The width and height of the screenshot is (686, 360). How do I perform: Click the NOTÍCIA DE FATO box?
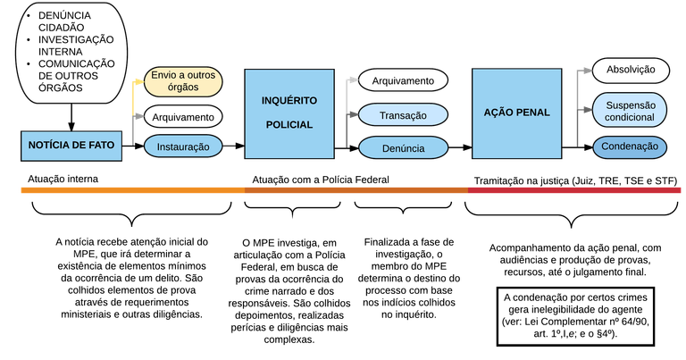pos(71,146)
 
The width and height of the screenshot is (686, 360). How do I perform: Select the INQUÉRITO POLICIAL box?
pos(289,113)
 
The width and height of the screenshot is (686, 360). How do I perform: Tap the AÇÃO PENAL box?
pos(516,113)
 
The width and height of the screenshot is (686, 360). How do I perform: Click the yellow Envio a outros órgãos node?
pos(183,81)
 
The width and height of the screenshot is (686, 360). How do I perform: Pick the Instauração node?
pos(183,147)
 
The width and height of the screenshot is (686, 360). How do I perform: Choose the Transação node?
pos(403,115)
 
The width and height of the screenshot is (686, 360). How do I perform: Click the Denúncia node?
pos(404,148)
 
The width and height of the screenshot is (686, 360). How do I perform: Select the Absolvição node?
pos(631,70)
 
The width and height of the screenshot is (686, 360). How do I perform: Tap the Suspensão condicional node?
pos(630,111)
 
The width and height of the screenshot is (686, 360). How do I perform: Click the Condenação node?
pos(630,147)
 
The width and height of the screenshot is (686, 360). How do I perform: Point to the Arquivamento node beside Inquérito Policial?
pos(403,80)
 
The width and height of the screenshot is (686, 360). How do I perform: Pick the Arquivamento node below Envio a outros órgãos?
pos(183,117)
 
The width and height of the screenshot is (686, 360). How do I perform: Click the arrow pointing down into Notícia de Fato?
pos(71,117)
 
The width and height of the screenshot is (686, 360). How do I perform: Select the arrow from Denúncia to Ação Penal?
pos(460,148)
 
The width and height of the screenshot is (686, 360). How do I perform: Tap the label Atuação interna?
pos(63,179)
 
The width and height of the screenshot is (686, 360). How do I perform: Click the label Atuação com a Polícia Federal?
pos(321,180)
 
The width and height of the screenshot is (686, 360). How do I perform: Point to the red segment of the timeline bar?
pos(574,190)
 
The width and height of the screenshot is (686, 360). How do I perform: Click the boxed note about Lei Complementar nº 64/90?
pos(576,316)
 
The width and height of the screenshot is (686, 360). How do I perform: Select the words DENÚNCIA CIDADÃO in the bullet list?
pos(64,21)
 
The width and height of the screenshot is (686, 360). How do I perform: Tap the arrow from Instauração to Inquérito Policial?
pos(234,146)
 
